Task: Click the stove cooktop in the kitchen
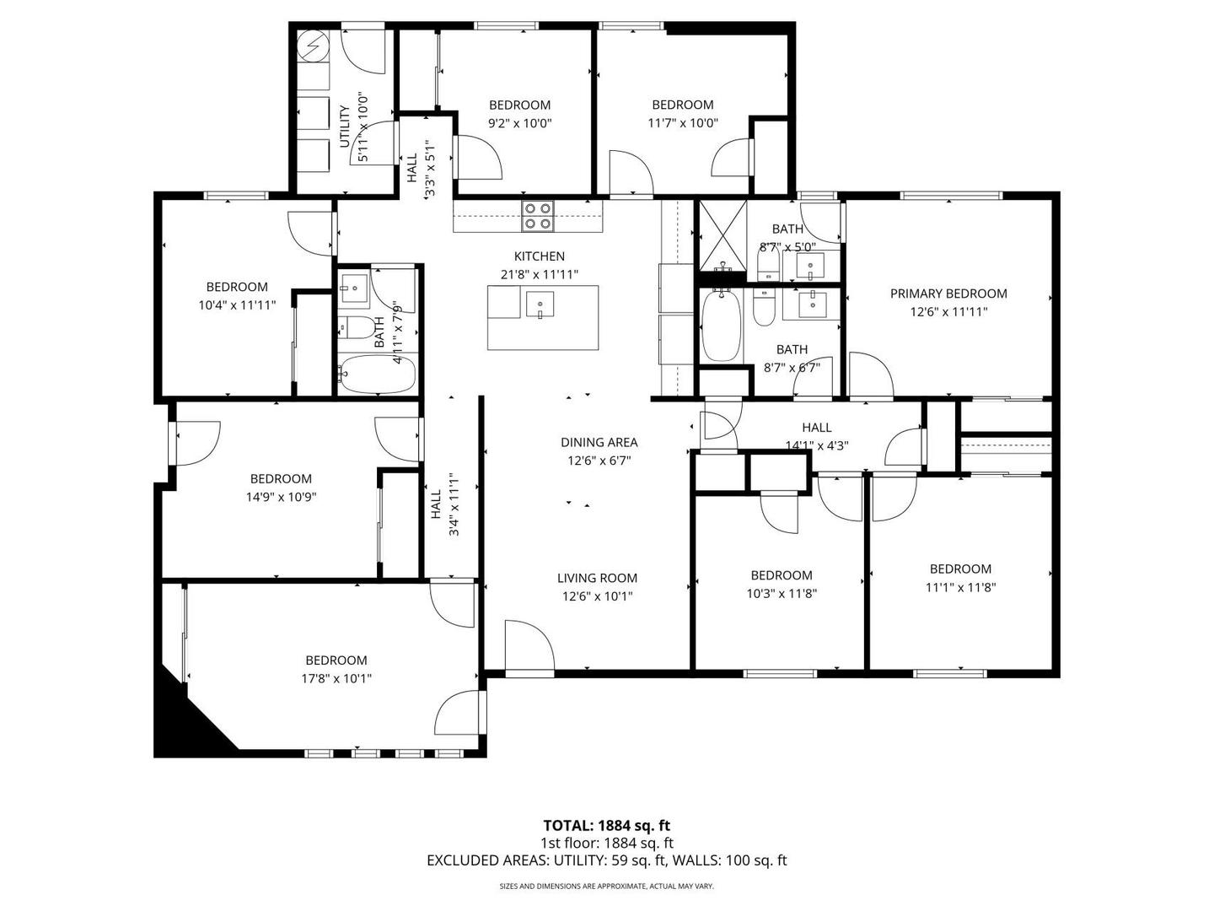pos(538,216)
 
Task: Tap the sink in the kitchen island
pos(540,305)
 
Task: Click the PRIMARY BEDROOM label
pos(948,294)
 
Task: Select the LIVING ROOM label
pos(597,578)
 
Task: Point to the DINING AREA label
pos(599,443)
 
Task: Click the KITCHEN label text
pos(540,256)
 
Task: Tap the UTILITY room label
pos(344,127)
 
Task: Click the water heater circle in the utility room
pos(313,44)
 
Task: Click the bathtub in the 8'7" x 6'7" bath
pos(721,326)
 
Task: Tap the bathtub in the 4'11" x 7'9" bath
pos(377,375)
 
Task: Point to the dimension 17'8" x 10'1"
pos(336,678)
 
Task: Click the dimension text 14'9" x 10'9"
pos(281,497)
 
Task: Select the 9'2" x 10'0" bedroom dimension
pos(519,123)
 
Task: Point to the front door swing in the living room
pos(529,644)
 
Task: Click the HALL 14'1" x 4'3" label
pos(817,436)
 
